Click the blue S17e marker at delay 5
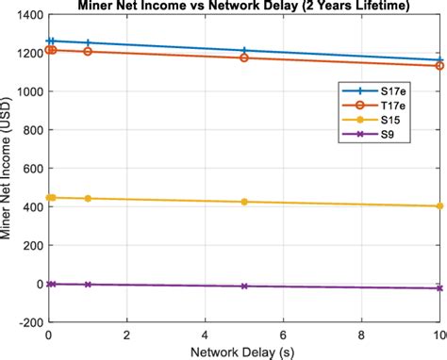[244, 51]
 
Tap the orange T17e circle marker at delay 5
[244, 58]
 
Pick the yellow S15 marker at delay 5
[244, 202]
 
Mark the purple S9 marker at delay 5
[244, 286]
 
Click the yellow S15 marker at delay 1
[88, 199]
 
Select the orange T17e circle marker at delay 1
[88, 51]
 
